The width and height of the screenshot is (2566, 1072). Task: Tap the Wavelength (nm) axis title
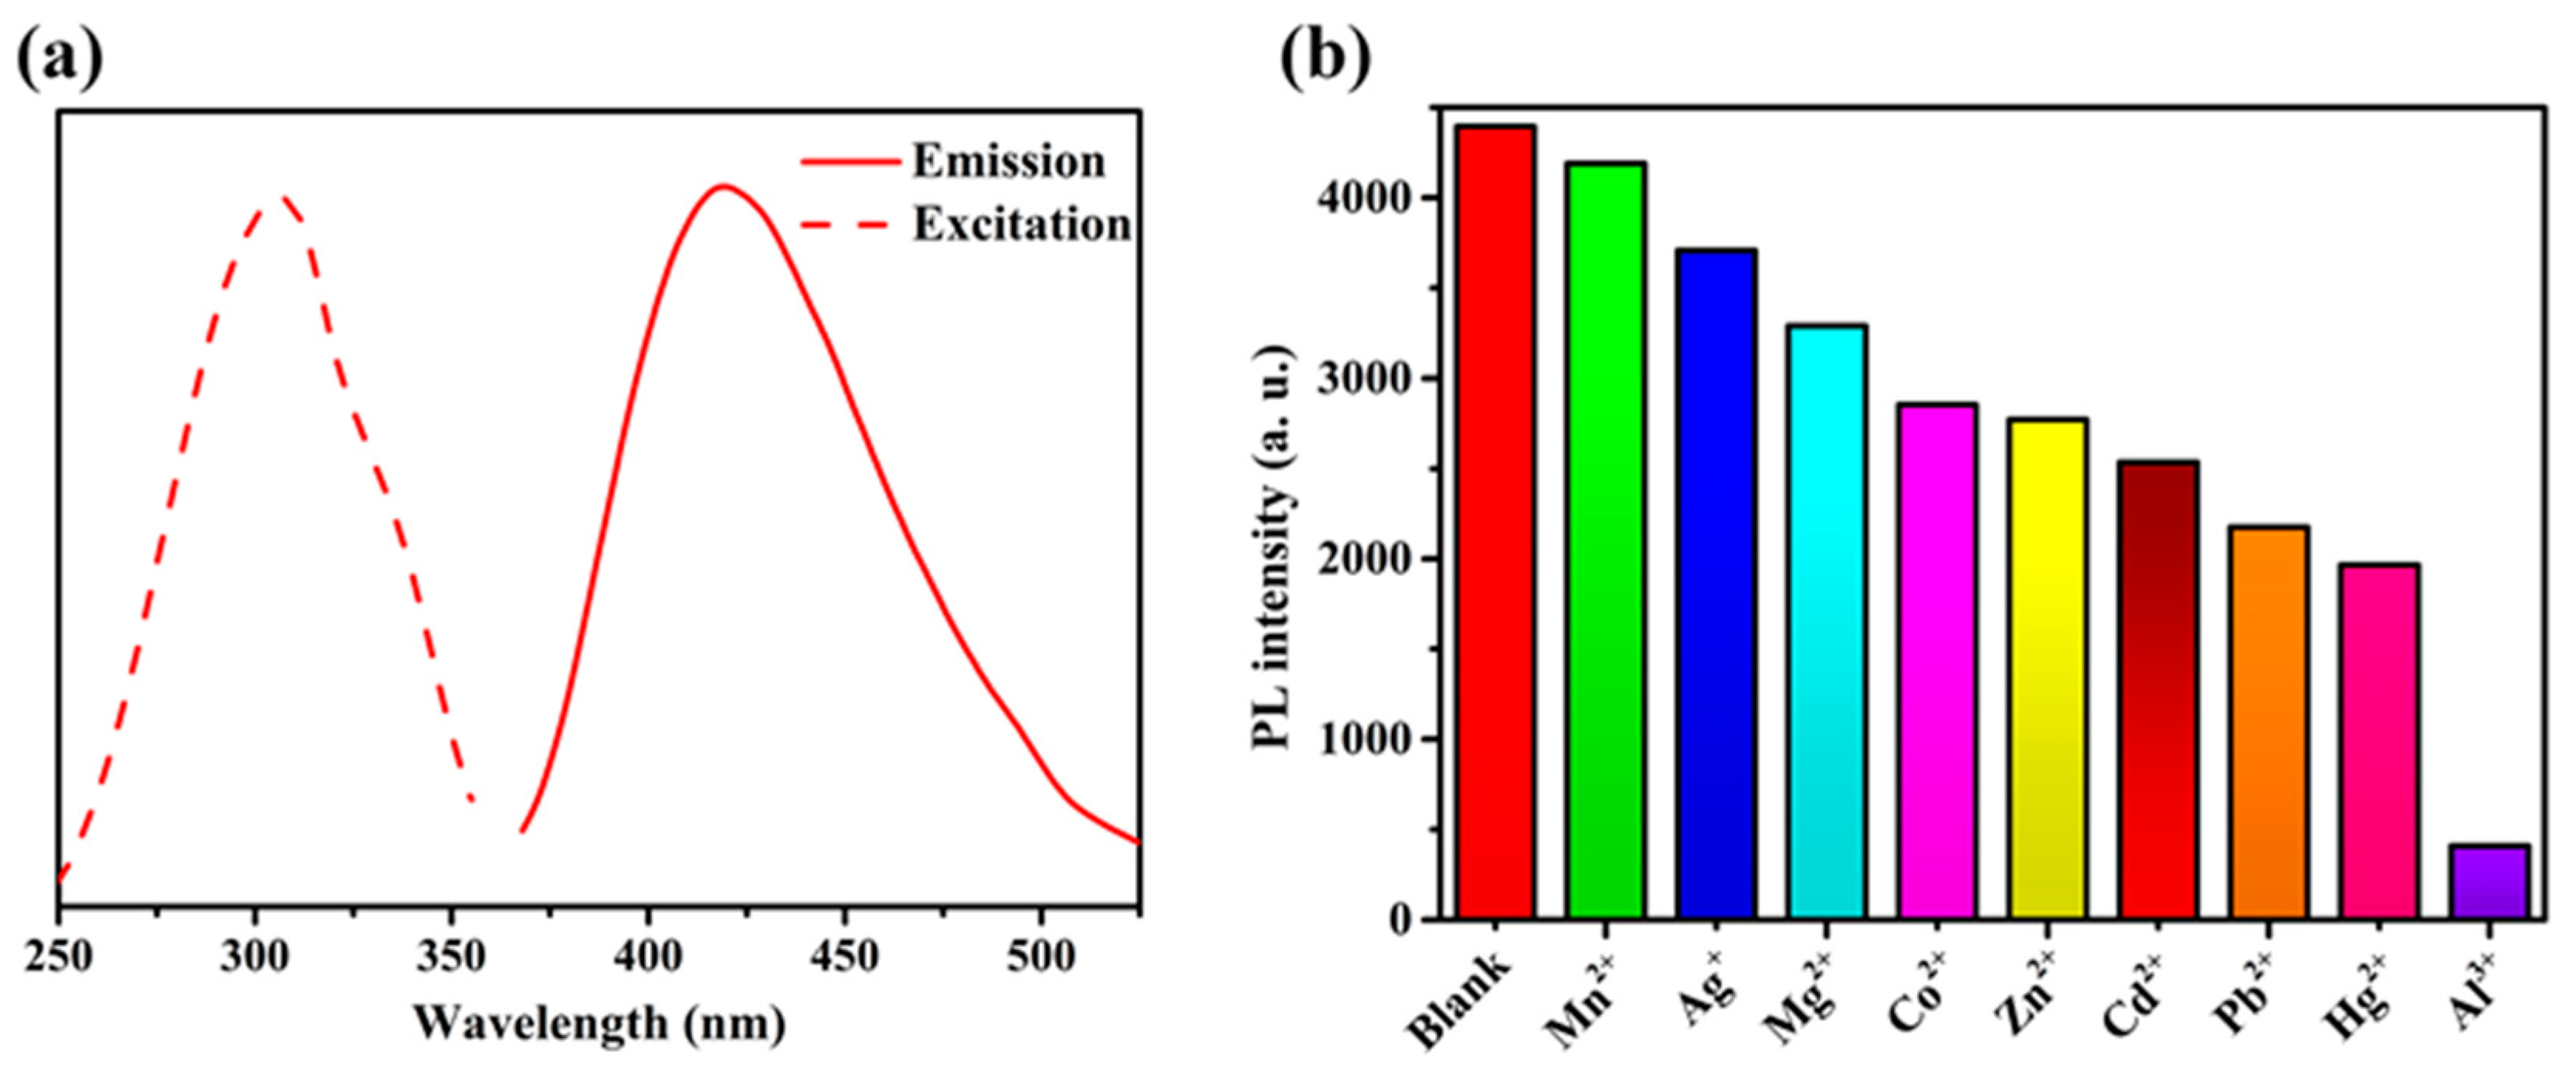599,1024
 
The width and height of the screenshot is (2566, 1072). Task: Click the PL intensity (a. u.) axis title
1274,549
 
